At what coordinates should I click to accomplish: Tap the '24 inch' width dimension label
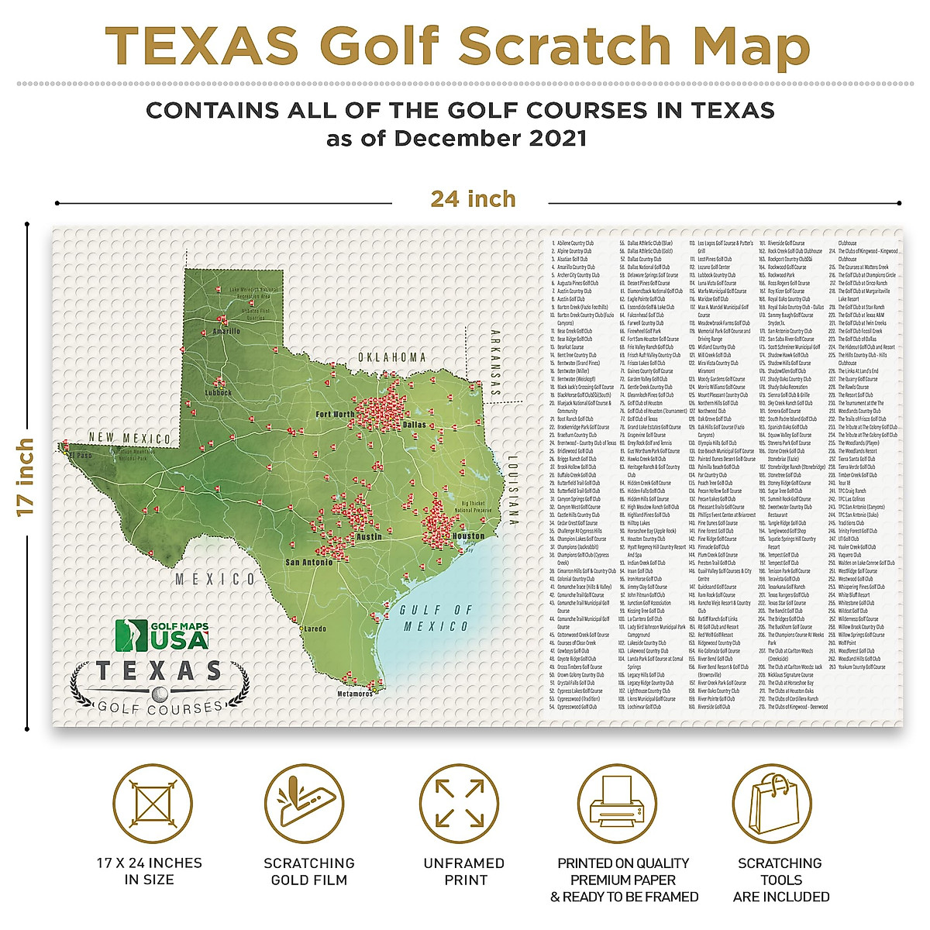point(473,199)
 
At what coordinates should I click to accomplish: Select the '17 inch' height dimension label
point(26,477)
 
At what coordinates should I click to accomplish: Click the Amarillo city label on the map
point(226,331)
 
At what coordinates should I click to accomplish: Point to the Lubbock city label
point(218,392)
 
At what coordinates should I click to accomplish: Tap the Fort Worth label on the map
point(335,415)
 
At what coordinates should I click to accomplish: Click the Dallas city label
point(415,425)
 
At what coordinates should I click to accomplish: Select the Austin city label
point(369,536)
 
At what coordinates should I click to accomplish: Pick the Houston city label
point(468,536)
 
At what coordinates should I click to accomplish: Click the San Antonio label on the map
point(308,562)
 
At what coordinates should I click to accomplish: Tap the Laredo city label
point(315,629)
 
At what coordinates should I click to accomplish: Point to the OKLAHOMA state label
point(391,357)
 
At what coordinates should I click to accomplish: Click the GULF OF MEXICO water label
point(436,618)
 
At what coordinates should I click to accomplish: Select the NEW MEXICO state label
point(129,439)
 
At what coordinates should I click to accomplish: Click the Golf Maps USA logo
point(162,635)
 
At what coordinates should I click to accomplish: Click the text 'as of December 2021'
point(456,139)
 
